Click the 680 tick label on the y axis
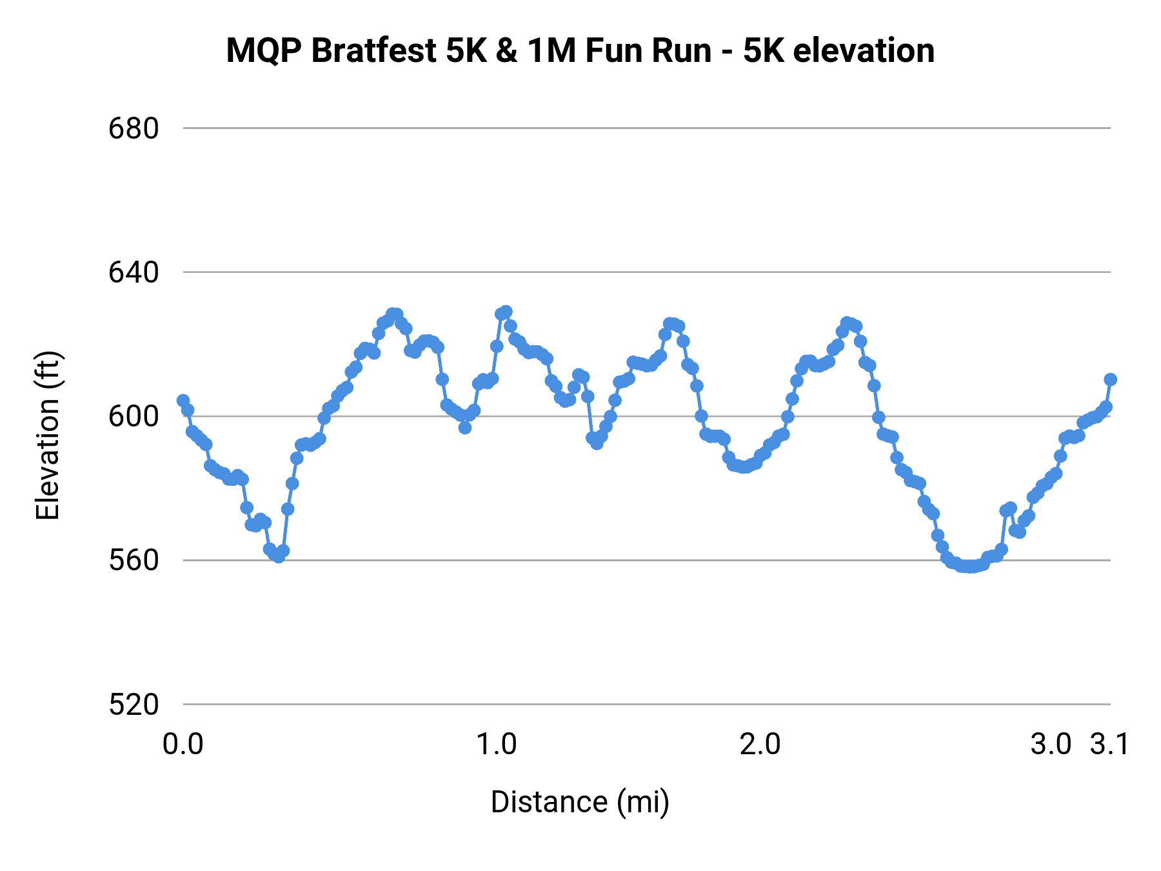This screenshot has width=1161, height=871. (x=133, y=129)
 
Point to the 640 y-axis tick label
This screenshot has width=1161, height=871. (x=133, y=273)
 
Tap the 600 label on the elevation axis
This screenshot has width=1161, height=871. (x=133, y=417)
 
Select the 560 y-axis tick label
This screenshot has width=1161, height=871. (x=133, y=561)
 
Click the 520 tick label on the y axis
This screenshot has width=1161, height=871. (x=133, y=705)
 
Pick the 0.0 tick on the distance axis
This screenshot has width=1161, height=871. (x=183, y=745)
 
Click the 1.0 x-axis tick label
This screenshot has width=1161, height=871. (x=496, y=745)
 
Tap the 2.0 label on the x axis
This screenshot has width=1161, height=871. (x=760, y=745)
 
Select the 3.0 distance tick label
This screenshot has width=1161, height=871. (x=1051, y=745)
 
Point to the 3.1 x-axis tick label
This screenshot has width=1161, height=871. (x=1109, y=745)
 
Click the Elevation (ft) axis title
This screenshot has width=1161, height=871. (x=48, y=435)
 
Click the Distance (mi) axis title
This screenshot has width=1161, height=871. (x=580, y=802)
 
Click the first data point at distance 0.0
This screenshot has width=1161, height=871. (x=183, y=401)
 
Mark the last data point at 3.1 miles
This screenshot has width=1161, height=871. (x=1110, y=379)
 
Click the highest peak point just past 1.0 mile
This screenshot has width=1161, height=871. (x=506, y=312)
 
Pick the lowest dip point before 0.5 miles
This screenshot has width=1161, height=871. (x=278, y=557)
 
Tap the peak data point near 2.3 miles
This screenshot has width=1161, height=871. (x=847, y=323)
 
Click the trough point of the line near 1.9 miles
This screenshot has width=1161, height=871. (x=744, y=467)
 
